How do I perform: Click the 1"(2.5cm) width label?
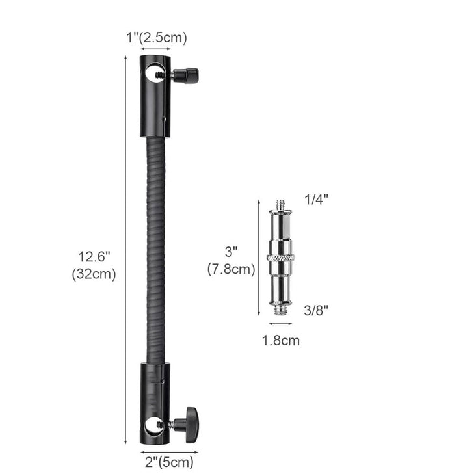(157, 38)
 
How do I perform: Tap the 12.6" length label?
(94, 257)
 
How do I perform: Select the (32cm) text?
(94, 274)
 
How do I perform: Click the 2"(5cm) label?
(169, 462)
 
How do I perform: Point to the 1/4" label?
(317, 200)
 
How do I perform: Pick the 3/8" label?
(316, 310)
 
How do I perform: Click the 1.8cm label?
(281, 341)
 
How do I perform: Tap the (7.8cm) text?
(231, 269)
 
